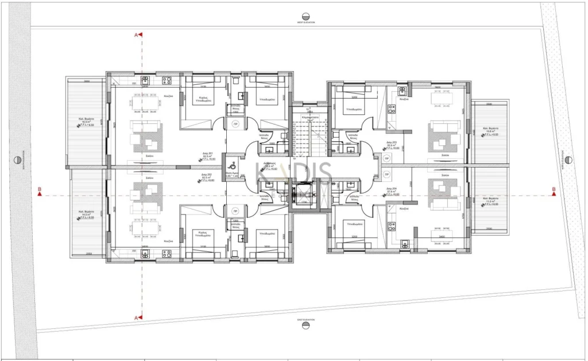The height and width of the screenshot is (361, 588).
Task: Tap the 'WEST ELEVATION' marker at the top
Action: pyautogui.click(x=307, y=17)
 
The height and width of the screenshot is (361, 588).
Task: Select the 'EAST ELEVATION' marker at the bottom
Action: pyautogui.click(x=307, y=325)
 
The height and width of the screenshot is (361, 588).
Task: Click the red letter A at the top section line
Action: pyautogui.click(x=137, y=35)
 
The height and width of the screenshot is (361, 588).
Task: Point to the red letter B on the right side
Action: pyautogui.click(x=554, y=190)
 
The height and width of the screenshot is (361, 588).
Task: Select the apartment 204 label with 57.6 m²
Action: pyautogui.click(x=393, y=191)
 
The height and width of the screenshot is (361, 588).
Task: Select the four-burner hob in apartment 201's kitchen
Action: pyautogui.click(x=167, y=80)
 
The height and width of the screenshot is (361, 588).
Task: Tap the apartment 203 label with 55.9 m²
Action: pyautogui.click(x=393, y=144)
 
